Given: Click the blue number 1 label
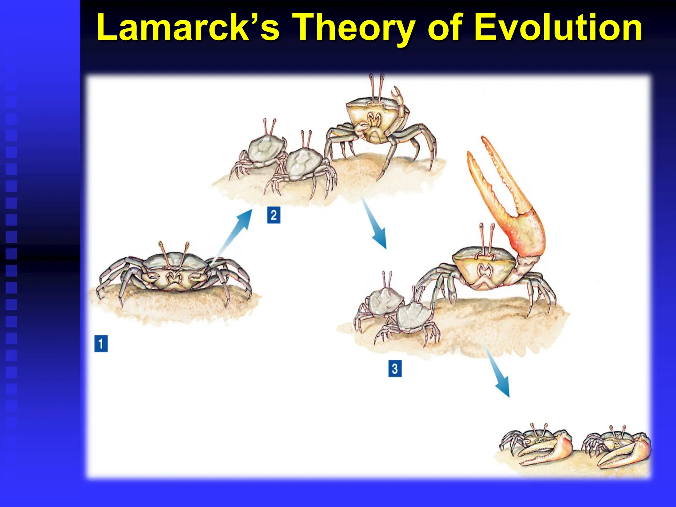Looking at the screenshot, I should point(101,344).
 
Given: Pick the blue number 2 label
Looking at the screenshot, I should point(274,215).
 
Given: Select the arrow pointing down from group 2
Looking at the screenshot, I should point(375,224).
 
